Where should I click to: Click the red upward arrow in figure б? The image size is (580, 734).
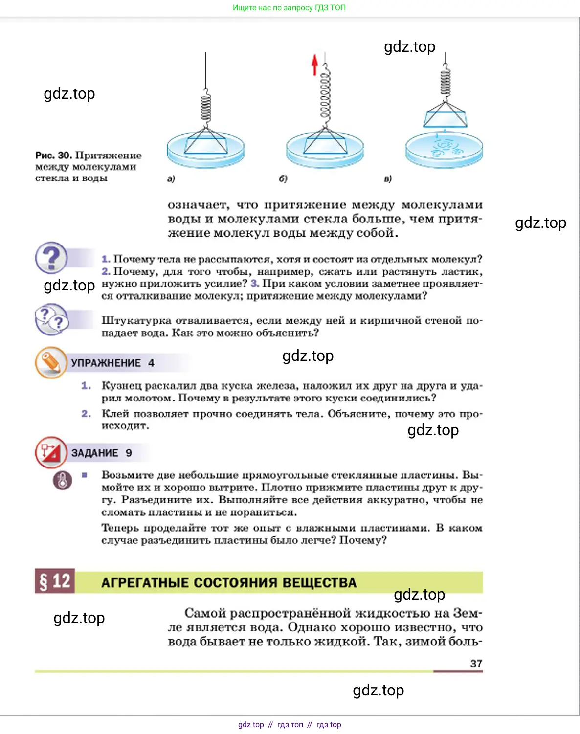click(314, 65)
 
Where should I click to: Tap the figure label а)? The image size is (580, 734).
click(171, 179)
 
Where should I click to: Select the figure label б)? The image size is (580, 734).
click(283, 179)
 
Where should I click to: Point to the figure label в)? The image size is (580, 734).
click(388, 179)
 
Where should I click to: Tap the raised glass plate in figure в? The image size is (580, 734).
click(445, 118)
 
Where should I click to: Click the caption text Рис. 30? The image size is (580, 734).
click(53, 156)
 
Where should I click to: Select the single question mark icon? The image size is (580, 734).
click(51, 258)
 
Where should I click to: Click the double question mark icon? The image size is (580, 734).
click(51, 319)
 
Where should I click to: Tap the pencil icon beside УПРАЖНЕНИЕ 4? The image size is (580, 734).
click(51, 362)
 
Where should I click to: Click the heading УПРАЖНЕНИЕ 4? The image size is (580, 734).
click(112, 363)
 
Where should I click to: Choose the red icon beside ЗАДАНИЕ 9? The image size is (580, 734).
click(51, 452)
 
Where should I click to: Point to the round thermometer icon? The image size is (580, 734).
click(63, 480)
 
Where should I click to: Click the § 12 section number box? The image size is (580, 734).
click(55, 581)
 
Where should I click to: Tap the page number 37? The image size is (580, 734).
click(476, 664)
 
